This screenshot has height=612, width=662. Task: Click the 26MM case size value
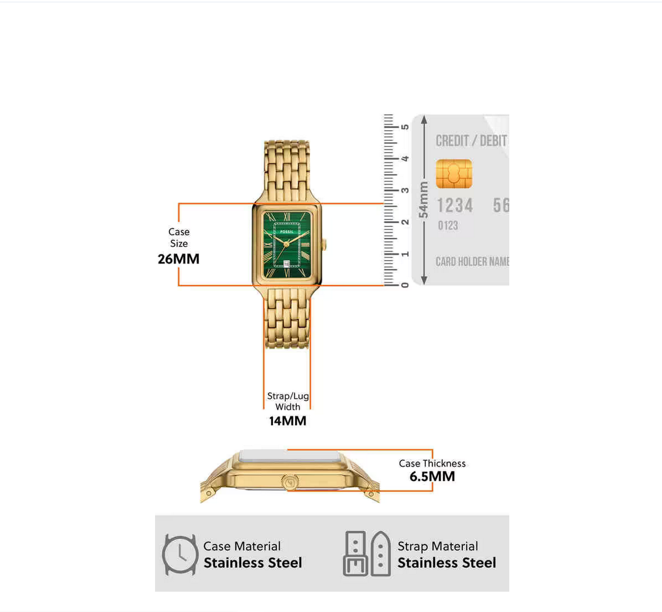(x=178, y=259)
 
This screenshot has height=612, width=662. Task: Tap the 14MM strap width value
(x=287, y=421)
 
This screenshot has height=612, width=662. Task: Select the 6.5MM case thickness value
(x=432, y=477)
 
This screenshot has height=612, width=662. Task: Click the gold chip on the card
(x=454, y=174)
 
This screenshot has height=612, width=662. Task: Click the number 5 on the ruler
(x=405, y=127)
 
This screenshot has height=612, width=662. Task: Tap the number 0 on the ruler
(x=405, y=285)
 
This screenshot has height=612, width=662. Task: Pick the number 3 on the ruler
(x=405, y=190)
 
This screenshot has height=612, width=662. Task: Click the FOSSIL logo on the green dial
(x=287, y=231)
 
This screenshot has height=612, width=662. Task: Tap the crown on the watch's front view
(x=325, y=244)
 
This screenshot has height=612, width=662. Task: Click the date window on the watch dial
(x=287, y=264)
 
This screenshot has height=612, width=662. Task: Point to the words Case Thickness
(x=432, y=463)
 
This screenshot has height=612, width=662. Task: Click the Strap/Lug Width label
(x=287, y=401)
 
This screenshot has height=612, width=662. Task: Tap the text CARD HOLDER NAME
(x=472, y=262)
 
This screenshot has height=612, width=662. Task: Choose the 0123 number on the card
(x=447, y=225)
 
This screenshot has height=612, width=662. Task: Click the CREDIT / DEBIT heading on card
(x=471, y=141)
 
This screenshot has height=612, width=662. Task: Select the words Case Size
(x=179, y=237)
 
